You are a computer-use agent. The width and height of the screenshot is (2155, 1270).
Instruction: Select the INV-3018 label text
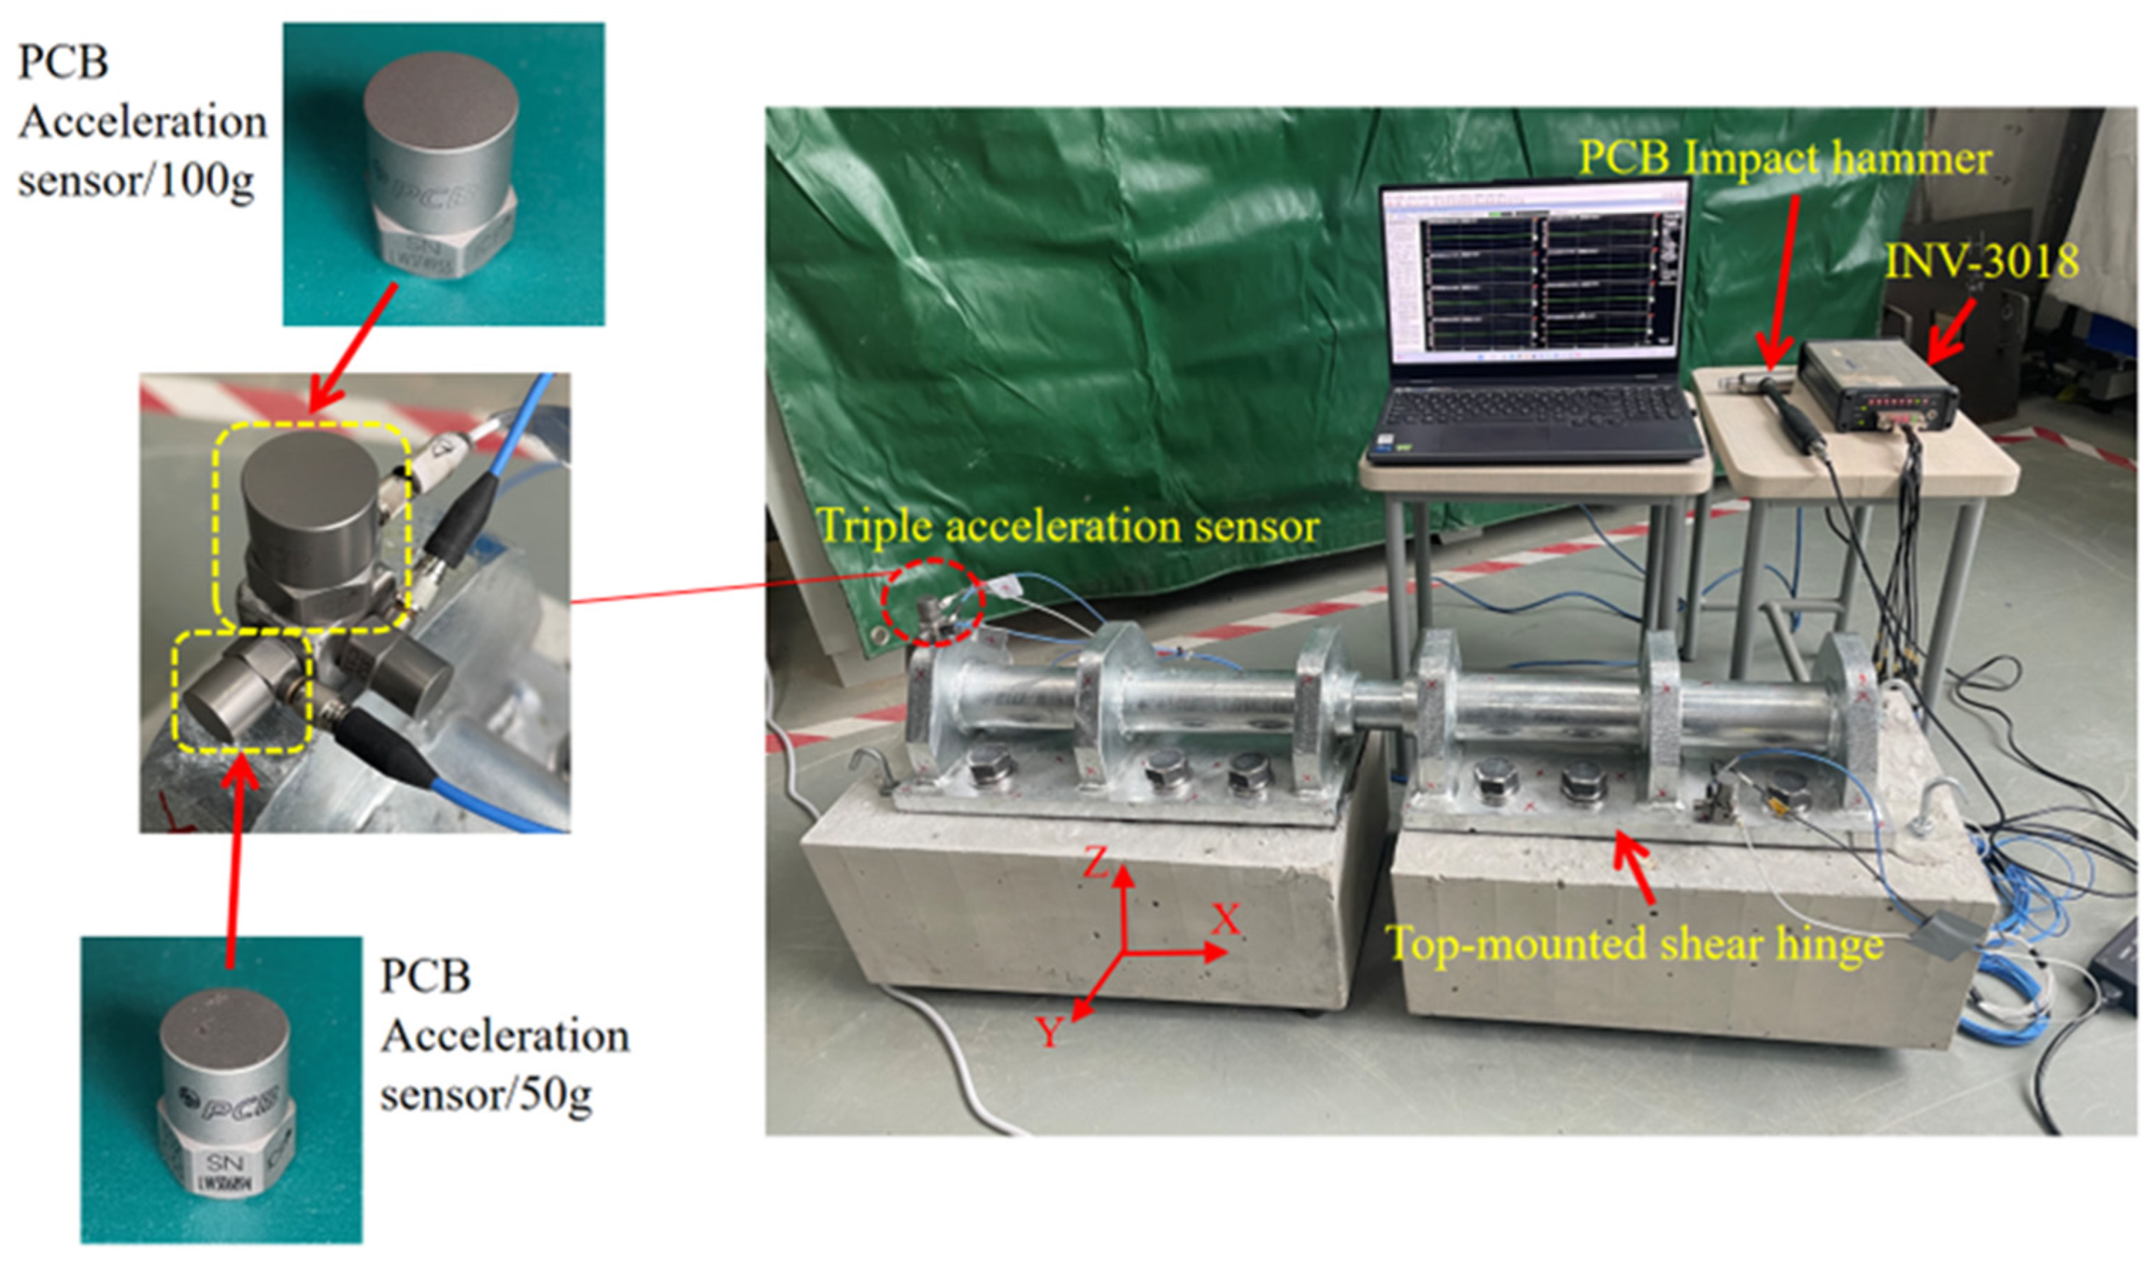point(1982,261)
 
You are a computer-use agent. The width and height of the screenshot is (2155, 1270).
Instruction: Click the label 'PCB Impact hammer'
point(1785,159)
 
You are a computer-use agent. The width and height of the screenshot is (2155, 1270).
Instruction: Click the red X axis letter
point(1225,920)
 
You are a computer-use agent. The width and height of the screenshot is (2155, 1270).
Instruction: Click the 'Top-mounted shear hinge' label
point(1634,945)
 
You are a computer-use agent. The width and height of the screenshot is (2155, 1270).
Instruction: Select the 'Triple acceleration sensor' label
point(1068,527)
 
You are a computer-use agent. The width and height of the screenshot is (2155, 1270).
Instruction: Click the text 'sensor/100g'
point(137,182)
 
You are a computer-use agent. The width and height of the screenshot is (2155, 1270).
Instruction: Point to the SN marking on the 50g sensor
point(224,1163)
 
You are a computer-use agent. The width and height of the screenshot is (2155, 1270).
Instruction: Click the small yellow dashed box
point(242,692)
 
